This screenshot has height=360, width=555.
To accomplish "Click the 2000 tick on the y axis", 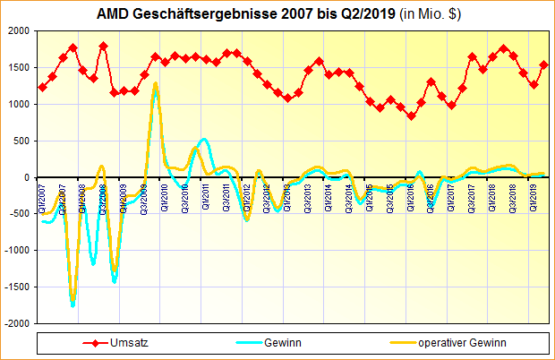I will click(x=18, y=30).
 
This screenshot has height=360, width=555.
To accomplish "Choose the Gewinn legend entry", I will click(x=282, y=342).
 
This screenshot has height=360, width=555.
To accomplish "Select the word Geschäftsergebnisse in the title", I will click(x=187, y=14).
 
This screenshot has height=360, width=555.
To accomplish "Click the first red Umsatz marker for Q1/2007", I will click(x=42, y=87).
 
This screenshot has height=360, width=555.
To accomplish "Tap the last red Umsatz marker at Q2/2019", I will click(x=544, y=64).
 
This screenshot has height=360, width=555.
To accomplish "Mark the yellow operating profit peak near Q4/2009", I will click(x=155, y=84).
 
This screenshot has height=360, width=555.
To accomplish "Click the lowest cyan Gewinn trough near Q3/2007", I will click(x=73, y=305).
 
